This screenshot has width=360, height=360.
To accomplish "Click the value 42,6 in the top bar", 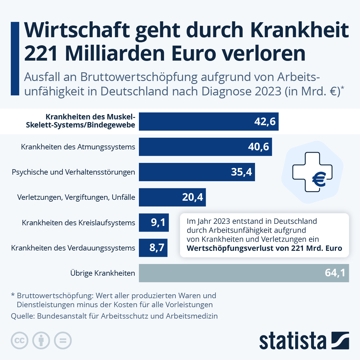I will click(x=265, y=121).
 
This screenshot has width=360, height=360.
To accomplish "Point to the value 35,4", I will click(x=241, y=172).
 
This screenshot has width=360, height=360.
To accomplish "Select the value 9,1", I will click(x=158, y=222).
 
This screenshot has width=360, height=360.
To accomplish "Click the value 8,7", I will click(x=157, y=247).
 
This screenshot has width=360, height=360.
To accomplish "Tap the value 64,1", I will click(x=335, y=273).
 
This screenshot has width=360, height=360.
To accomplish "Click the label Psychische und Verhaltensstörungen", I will click(x=73, y=172).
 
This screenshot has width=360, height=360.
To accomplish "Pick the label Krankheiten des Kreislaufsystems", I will click(x=79, y=223).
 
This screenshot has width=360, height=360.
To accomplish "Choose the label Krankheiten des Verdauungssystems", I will click(x=73, y=248).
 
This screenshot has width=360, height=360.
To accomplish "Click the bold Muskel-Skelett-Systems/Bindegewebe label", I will click(x=81, y=121).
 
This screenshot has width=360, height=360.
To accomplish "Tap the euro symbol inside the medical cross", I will click(x=319, y=179).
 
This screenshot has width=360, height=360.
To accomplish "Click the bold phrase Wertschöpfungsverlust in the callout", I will click(x=228, y=248).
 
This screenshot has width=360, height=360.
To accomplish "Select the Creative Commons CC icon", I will click(x=19, y=340).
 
